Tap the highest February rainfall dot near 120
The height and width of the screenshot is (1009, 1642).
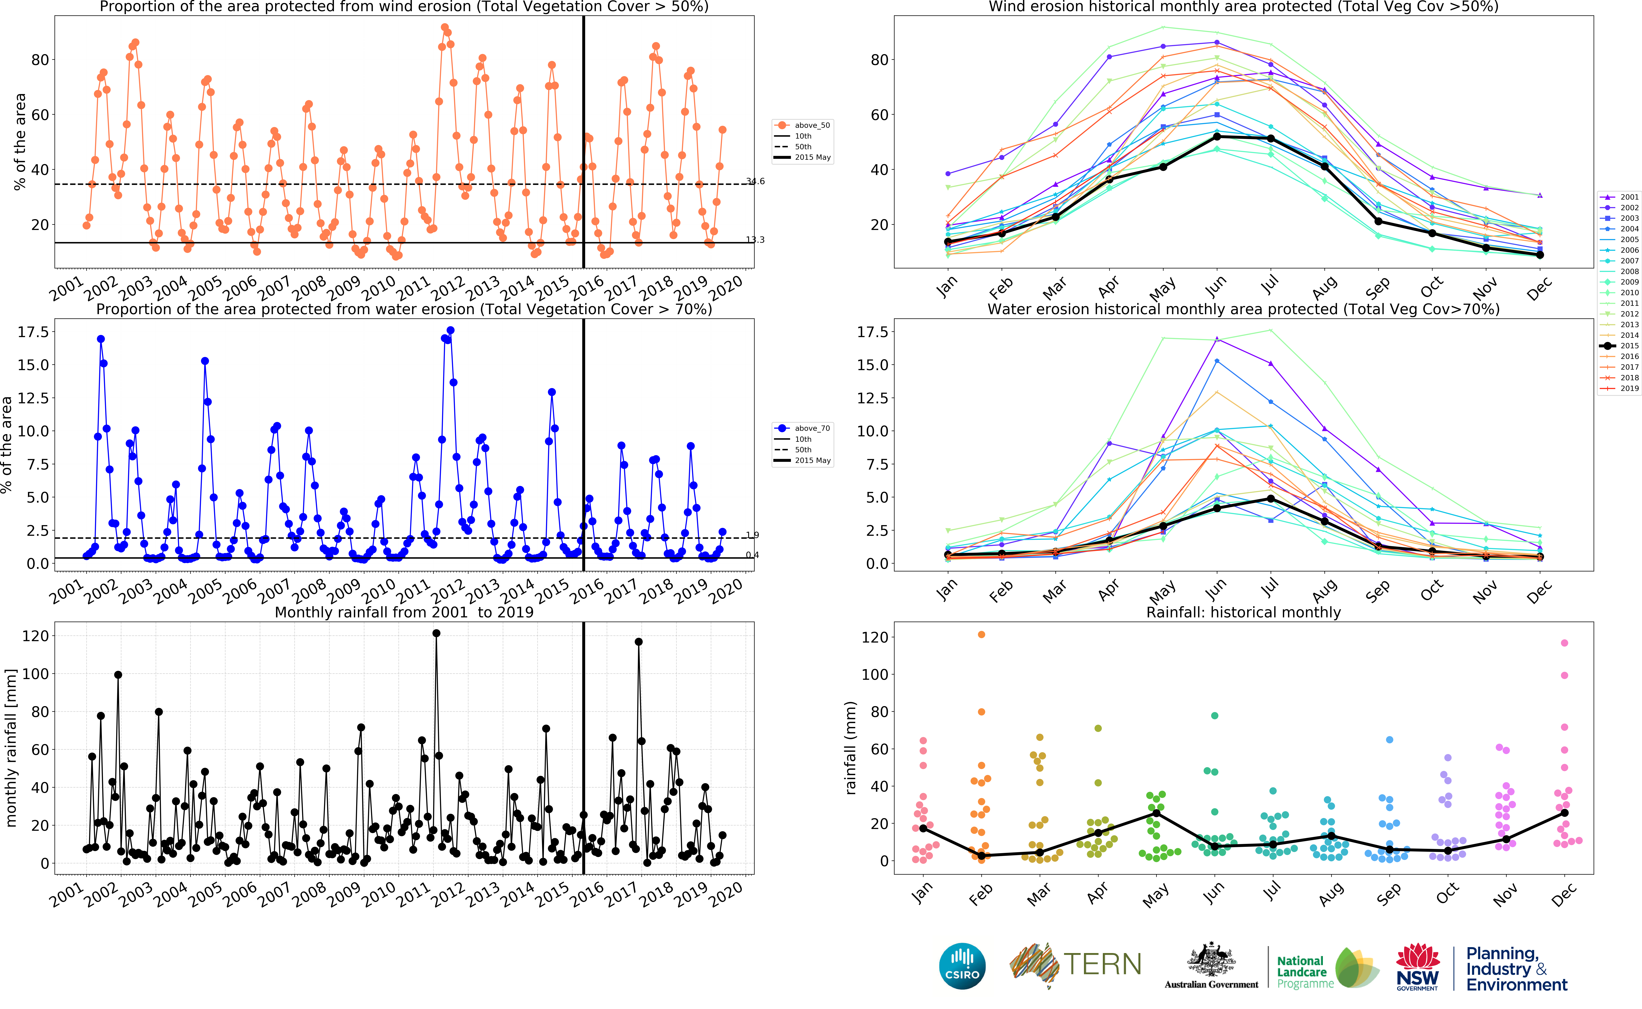tap(981, 635)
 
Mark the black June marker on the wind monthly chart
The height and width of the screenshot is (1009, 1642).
tap(1216, 137)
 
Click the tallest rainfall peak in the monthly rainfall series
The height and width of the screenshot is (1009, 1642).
tap(436, 633)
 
